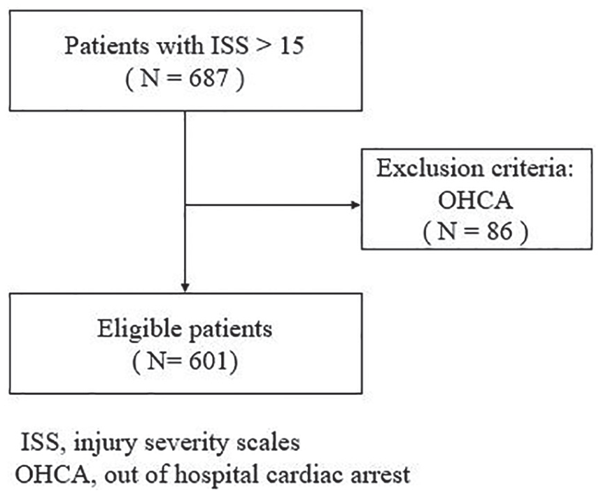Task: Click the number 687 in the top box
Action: pos(208,78)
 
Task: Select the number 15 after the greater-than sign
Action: pos(292,45)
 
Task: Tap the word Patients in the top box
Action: pos(107,45)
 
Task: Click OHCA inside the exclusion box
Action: pos(475,200)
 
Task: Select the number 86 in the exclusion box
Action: pos(500,231)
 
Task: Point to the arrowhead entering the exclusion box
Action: pos(356,205)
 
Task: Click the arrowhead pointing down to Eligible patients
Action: pos(185,288)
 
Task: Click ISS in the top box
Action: pos(229,45)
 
